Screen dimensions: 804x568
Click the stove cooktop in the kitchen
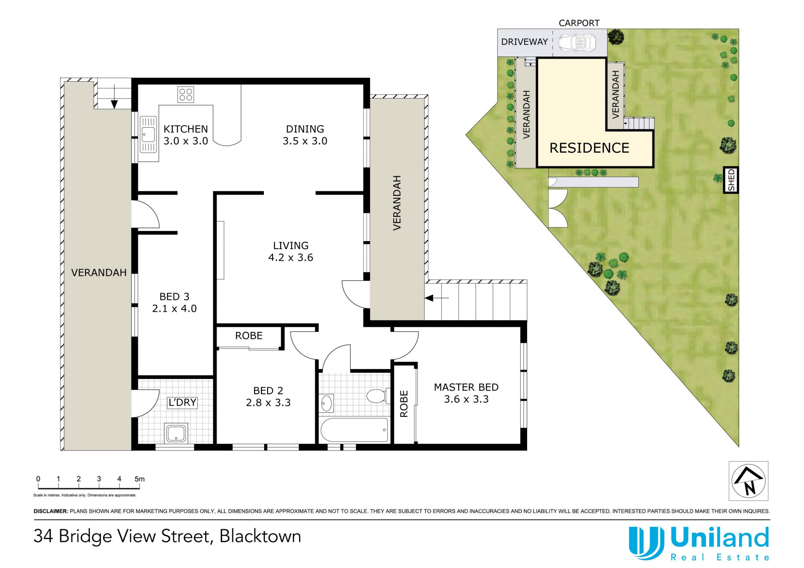tap(186, 95)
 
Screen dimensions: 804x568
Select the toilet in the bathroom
tap(376, 396)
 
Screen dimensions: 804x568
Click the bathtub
tap(354, 430)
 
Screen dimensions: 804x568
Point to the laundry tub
tap(176, 433)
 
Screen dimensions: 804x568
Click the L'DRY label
tap(182, 402)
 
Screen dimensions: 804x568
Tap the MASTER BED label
tap(466, 387)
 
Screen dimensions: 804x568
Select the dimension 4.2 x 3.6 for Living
tap(291, 257)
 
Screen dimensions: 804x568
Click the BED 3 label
tap(174, 296)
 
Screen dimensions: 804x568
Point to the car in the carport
tap(577, 42)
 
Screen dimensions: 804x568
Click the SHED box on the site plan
tap(731, 180)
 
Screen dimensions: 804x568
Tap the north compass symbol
tap(748, 481)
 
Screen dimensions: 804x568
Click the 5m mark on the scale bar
tap(139, 479)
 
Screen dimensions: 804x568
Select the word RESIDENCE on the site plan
tap(589, 148)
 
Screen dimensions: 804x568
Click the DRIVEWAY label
tap(524, 42)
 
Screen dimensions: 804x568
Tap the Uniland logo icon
tap(646, 543)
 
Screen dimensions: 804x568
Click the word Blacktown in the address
tap(260, 536)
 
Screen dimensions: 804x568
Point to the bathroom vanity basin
tap(326, 404)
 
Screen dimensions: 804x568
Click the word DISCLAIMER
tap(51, 511)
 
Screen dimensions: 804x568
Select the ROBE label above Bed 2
tap(249, 336)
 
